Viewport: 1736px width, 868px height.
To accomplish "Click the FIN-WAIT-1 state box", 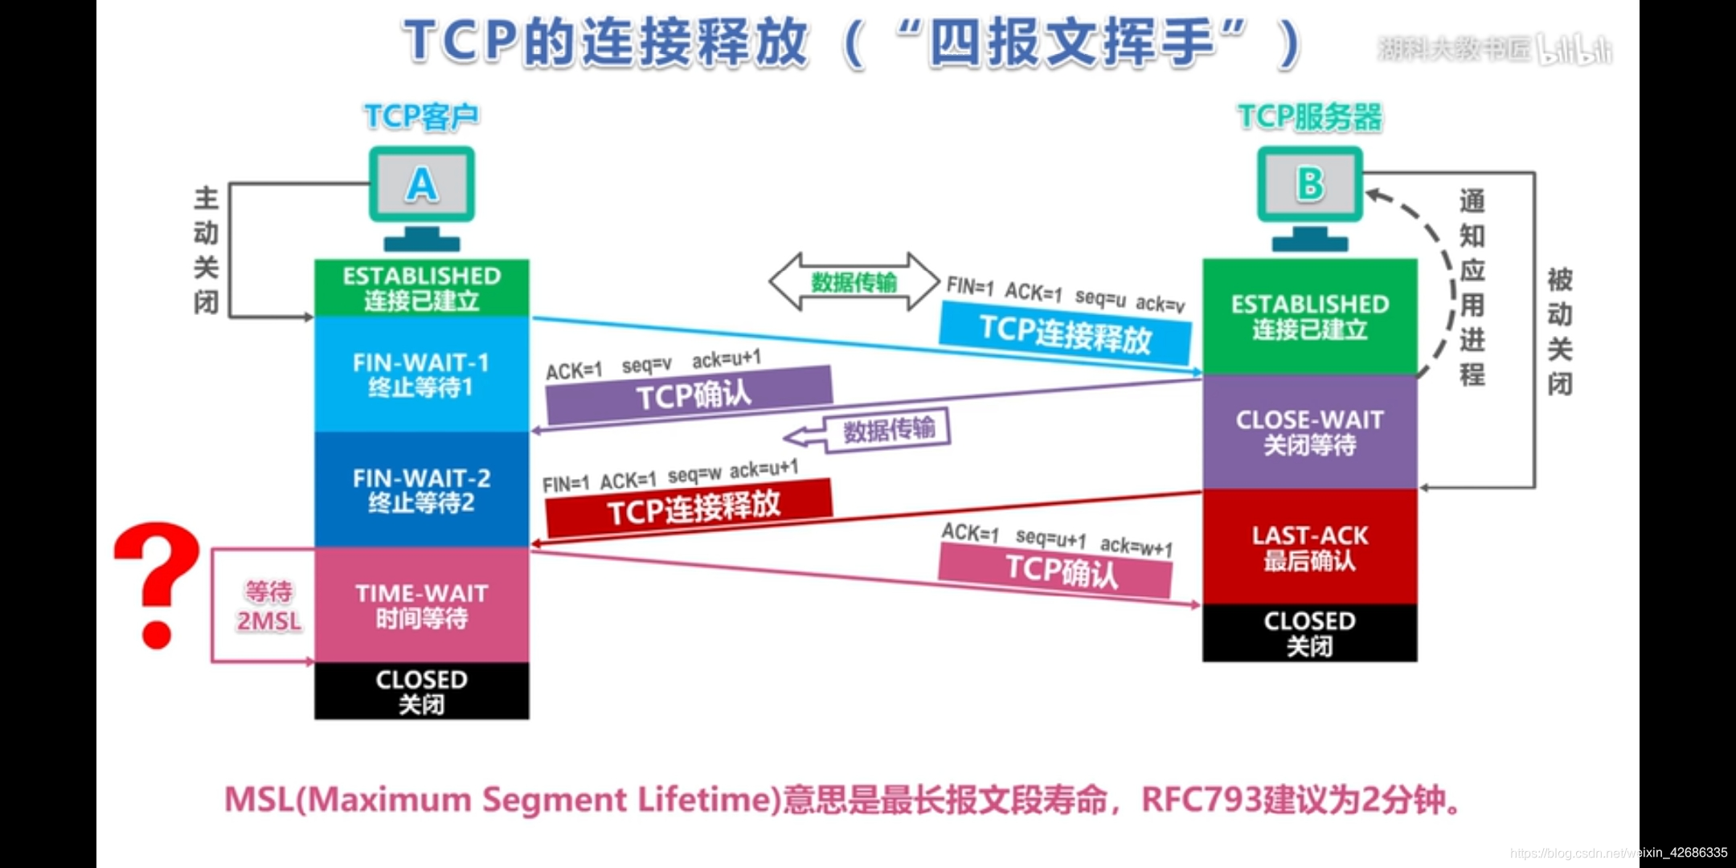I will point(421,374).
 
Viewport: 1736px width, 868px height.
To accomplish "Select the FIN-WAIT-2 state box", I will point(421,489).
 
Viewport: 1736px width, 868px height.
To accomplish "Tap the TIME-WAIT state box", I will point(421,605).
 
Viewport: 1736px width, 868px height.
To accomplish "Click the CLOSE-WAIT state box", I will point(1309,432).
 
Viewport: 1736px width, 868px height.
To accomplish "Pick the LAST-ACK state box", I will point(1309,547).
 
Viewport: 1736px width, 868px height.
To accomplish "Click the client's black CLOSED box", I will point(421,691).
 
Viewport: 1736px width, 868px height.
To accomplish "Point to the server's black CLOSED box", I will point(1309,633).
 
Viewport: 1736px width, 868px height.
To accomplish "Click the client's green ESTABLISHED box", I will point(421,288).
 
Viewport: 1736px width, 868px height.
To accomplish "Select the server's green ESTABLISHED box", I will point(1309,317).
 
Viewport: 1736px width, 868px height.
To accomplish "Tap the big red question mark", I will point(158,583).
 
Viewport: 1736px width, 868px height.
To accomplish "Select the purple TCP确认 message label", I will point(690,395).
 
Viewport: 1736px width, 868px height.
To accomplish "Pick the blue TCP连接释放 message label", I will point(1065,333).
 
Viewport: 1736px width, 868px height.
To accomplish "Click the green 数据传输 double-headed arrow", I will point(854,282).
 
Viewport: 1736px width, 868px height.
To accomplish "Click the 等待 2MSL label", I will point(268,606).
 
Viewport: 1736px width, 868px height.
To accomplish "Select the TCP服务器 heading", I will point(1309,117).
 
